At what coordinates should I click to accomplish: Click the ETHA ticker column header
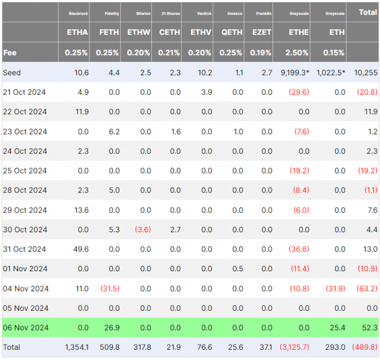tap(77, 32)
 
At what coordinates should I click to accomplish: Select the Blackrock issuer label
tap(78, 14)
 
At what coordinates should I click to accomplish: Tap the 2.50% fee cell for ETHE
tap(297, 53)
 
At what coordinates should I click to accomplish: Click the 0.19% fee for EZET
tap(261, 53)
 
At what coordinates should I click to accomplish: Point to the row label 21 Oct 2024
tap(24, 92)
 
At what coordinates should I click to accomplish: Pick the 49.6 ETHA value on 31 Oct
tap(81, 249)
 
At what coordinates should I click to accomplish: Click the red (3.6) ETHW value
tap(143, 229)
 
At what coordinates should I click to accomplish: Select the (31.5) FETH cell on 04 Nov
tap(110, 289)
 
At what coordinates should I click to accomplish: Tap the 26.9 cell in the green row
tap(112, 328)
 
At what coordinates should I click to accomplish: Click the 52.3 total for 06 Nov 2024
tap(370, 328)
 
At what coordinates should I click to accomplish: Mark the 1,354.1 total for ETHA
tap(77, 347)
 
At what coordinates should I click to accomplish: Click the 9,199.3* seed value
tap(295, 73)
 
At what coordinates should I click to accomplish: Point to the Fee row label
tap(10, 53)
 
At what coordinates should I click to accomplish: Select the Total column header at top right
tap(368, 13)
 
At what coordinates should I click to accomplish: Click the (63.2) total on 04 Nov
tap(367, 289)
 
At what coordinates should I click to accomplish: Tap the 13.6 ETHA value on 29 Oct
tap(82, 210)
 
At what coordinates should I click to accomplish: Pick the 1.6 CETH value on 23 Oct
tap(176, 131)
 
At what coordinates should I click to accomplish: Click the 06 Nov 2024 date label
tap(26, 328)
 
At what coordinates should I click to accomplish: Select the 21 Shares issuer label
tap(170, 14)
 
